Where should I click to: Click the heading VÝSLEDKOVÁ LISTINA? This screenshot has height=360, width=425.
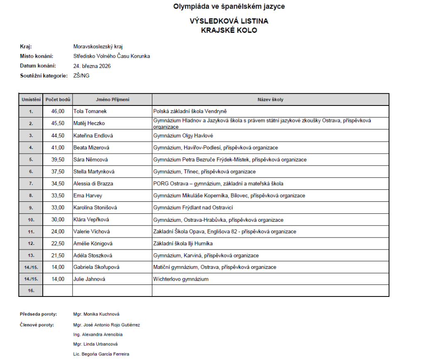(x=229, y=21)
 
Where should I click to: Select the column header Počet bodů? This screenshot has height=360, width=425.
(x=58, y=100)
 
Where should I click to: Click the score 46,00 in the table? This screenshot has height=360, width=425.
(x=58, y=111)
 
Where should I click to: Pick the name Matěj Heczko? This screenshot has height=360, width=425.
(x=89, y=123)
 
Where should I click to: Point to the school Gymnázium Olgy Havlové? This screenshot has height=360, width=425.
(x=184, y=135)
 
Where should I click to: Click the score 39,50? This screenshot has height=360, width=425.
(x=58, y=159)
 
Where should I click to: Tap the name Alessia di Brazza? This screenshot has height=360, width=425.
(x=93, y=184)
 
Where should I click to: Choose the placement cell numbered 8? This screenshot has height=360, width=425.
(x=31, y=196)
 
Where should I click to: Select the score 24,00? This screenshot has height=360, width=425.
(x=58, y=232)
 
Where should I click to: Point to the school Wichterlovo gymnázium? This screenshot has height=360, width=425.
(x=181, y=279)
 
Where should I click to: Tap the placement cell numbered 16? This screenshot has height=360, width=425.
(x=31, y=291)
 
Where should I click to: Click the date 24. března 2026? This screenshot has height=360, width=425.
(x=92, y=66)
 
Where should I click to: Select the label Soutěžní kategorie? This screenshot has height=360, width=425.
(x=44, y=76)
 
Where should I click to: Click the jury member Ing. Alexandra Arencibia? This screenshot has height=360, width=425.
(x=98, y=334)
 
